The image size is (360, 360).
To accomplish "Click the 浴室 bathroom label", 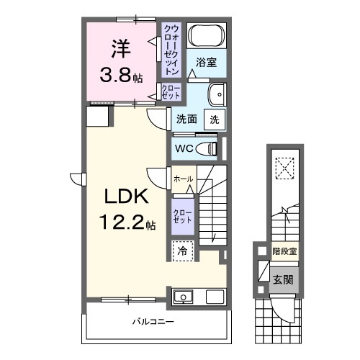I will coord(207,63).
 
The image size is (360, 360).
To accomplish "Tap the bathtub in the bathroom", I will coord(207,35).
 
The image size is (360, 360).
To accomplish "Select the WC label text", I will coord(183,149).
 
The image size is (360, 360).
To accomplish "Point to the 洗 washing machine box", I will coord(215,119).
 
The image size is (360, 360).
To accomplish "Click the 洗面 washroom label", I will coord(187,120).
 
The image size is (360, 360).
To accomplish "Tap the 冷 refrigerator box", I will coord(183,251).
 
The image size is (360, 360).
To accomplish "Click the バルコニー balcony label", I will coord(153,320).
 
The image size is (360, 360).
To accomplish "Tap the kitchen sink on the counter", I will coord(183,296).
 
